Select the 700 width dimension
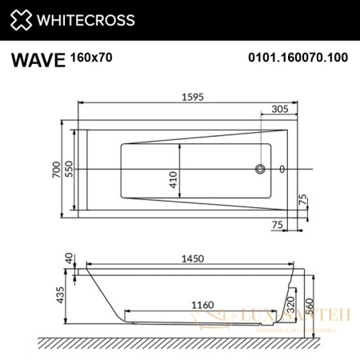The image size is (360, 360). click(x=57, y=169)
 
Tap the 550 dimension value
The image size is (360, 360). click(x=70, y=169)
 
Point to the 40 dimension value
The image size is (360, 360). click(x=69, y=258)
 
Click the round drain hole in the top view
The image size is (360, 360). click(x=260, y=169)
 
